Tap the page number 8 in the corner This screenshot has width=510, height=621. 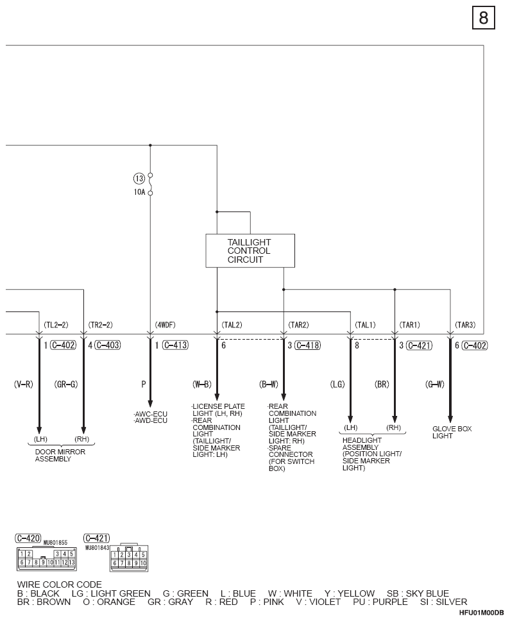pos(484,18)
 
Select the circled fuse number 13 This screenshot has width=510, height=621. pos(139,179)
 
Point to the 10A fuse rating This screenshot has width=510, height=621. pos(139,192)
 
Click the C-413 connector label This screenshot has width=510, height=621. pos(175,345)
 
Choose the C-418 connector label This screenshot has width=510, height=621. pos(307,345)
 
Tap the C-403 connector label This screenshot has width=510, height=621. pos(108,345)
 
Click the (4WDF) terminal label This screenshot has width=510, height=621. pos(165,325)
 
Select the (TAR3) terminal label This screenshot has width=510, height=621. pos(465,325)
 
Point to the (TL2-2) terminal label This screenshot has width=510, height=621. pos(56,325)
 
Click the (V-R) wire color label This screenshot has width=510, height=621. pos(23,384)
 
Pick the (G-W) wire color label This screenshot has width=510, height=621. pos(435,384)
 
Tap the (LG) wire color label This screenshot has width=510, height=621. pos(337,384)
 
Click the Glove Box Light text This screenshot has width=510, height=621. pos(452,432)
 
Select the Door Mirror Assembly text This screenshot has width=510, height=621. pos(60,456)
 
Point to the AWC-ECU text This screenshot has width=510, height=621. pos(150,414)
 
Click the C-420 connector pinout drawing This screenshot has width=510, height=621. pos(47,558)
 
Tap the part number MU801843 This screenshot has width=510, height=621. pos(97,548)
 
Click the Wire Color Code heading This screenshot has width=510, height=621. pos(60,584)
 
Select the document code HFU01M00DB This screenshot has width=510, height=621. pos(482,613)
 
